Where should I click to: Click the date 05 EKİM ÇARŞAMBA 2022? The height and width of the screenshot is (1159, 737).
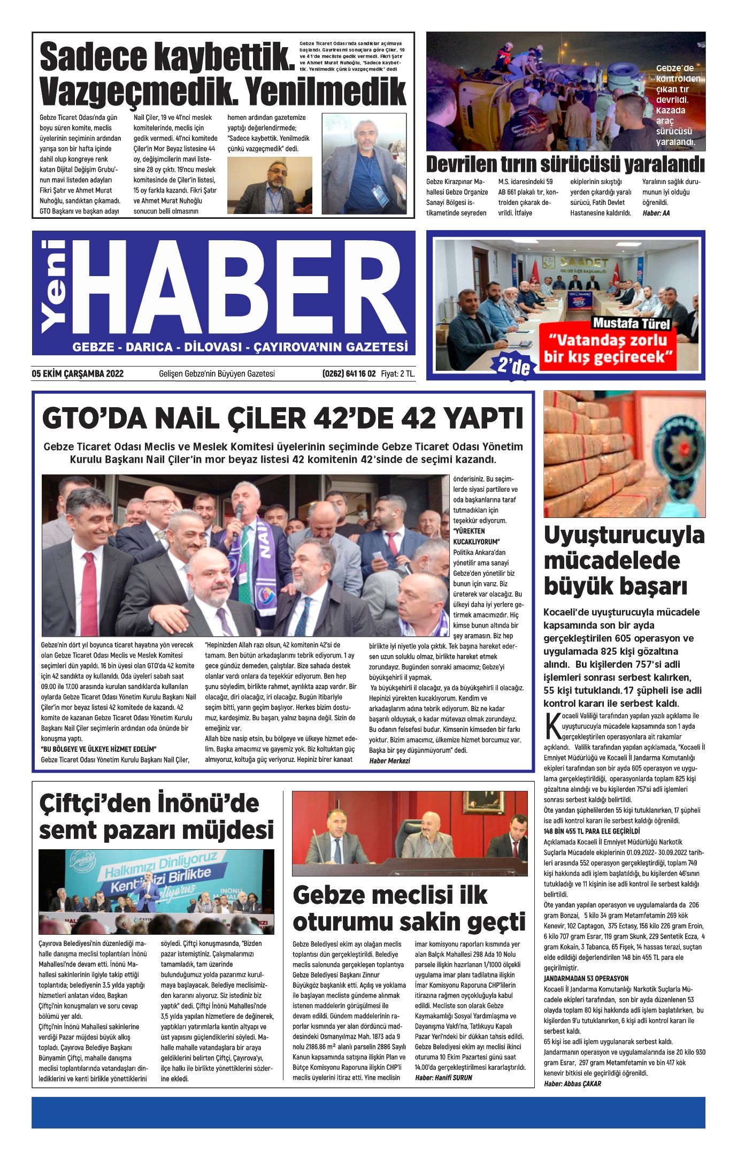(78, 373)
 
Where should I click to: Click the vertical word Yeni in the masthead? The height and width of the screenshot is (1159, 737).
(53, 286)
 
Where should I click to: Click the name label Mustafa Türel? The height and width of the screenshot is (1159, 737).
(631, 324)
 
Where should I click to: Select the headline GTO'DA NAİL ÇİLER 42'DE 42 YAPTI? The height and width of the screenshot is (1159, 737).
(282, 419)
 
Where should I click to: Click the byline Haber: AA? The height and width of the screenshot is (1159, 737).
(656, 213)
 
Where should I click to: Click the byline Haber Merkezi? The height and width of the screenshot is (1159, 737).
(389, 760)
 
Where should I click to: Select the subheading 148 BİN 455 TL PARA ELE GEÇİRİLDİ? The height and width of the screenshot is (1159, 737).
(592, 832)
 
